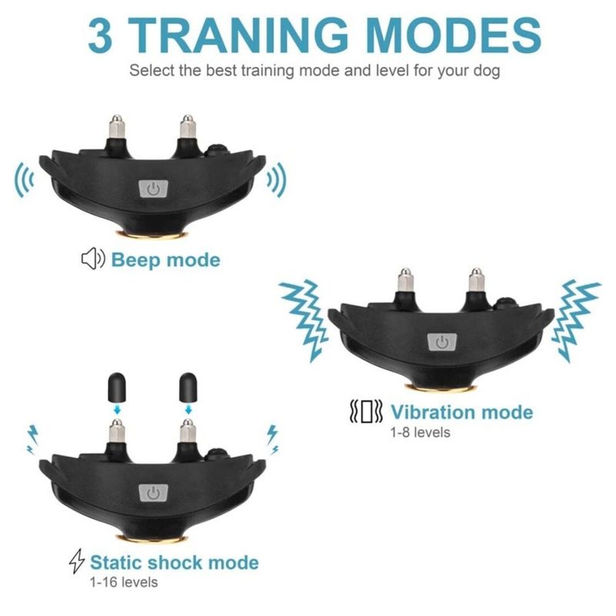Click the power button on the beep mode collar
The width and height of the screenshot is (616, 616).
pos(153,189)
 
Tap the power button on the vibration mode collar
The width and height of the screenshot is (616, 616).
pos(442,342)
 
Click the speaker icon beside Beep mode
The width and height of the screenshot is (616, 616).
pos(93,259)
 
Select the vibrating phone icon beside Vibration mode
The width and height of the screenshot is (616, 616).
pos(366,411)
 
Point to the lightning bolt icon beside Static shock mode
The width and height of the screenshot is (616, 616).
pos(76,561)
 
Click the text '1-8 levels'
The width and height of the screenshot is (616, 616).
pos(420,433)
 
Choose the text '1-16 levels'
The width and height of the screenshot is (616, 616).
pos(124,582)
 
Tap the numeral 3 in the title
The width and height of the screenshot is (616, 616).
pos(100,35)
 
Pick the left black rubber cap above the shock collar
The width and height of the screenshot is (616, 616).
pos(117,387)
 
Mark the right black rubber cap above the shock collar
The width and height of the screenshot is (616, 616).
pos(188,387)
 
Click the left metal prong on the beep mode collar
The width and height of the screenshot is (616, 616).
pos(117,126)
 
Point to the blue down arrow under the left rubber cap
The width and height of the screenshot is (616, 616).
pos(117,410)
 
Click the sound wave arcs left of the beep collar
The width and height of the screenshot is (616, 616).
pos(24,180)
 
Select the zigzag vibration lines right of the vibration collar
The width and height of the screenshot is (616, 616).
pos(575,320)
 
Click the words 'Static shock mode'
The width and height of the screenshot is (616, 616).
pos(175,562)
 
